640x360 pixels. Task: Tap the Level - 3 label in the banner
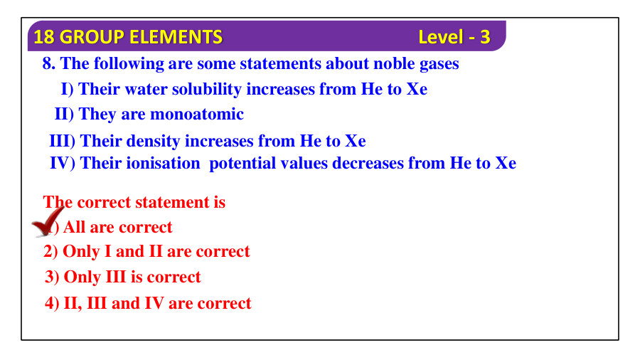click(454, 37)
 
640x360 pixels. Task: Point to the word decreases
click(367, 163)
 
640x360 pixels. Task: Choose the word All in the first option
click(73, 227)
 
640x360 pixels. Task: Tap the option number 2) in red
click(50, 251)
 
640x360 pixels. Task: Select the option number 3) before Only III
click(52, 277)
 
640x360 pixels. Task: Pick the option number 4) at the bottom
click(52, 303)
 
